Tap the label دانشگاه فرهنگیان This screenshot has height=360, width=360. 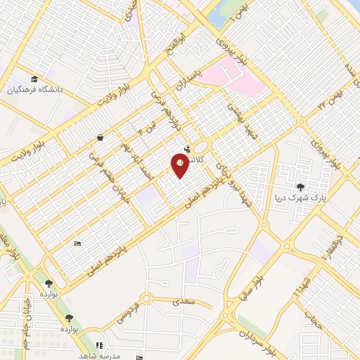[x=35, y=90]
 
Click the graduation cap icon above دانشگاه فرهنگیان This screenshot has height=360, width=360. [x=34, y=78]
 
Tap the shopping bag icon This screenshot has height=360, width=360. [x=100, y=138]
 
